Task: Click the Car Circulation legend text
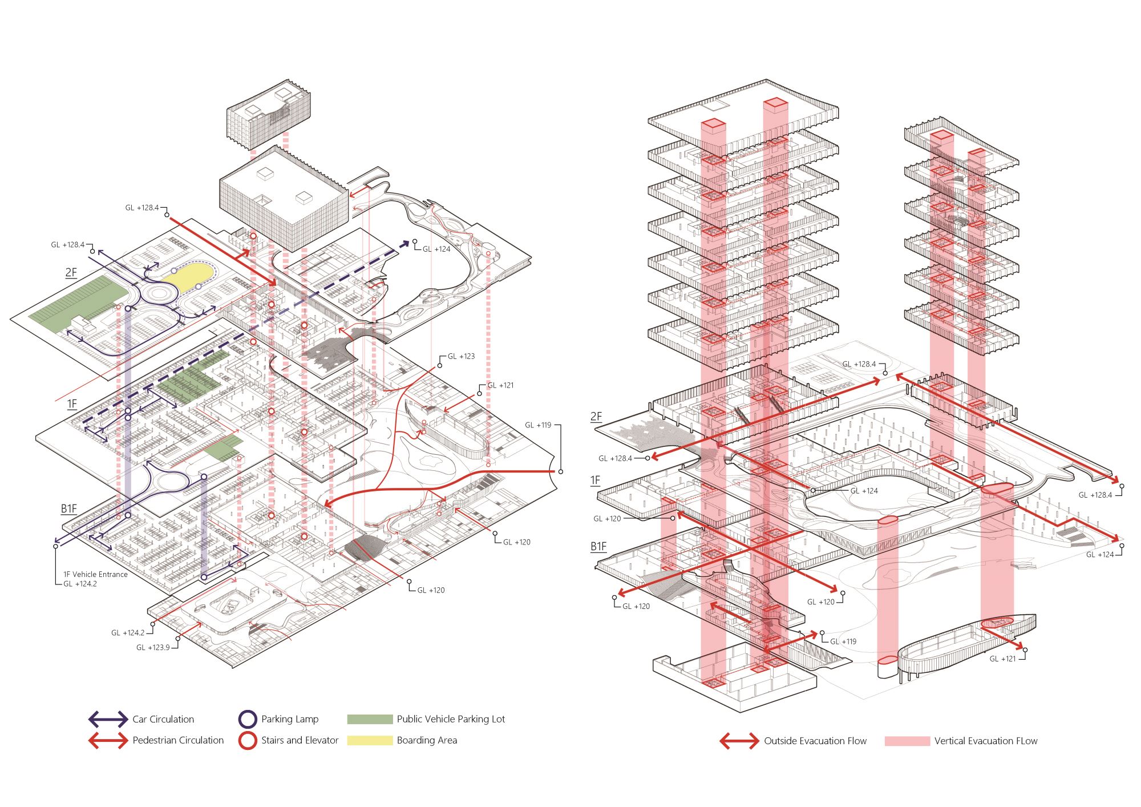(x=163, y=719)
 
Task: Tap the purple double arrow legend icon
(x=108, y=719)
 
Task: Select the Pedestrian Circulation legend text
(x=178, y=740)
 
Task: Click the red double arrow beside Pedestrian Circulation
(x=108, y=740)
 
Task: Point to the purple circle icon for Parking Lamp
(x=248, y=719)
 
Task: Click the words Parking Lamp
(x=290, y=719)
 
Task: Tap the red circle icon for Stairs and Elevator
(x=248, y=740)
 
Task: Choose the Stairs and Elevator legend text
(x=300, y=740)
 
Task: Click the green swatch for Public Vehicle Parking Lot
(x=370, y=719)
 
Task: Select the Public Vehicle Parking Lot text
(x=451, y=719)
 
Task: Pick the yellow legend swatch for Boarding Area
(x=370, y=740)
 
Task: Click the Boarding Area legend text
(x=427, y=740)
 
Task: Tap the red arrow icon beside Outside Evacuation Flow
(x=739, y=741)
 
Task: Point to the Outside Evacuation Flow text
(x=815, y=741)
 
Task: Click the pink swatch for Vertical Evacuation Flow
(x=907, y=741)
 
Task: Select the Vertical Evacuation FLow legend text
(x=986, y=741)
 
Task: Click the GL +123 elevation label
(x=461, y=356)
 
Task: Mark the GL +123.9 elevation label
(x=153, y=647)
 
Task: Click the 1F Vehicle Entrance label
(x=95, y=574)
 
